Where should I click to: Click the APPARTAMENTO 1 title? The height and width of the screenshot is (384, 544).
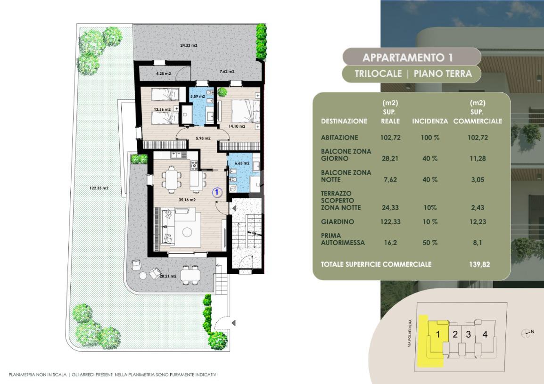click(408, 57)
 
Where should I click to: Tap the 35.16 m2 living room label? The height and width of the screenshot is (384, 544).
click(187, 200)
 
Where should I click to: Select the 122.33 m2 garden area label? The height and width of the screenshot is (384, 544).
click(99, 188)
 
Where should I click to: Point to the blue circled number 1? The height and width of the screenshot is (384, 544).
click(217, 192)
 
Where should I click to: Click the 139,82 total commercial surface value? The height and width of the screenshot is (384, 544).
click(479, 264)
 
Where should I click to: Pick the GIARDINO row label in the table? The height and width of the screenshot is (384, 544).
click(337, 221)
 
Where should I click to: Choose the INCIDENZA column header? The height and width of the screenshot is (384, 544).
click(430, 121)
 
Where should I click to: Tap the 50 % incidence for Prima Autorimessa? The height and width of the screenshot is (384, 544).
click(430, 243)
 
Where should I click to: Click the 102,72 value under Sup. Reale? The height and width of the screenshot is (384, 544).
click(390, 138)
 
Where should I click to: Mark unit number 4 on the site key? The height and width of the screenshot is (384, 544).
click(485, 335)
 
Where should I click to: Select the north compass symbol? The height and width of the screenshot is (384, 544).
click(527, 334)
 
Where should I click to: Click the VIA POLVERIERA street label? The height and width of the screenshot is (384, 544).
click(410, 334)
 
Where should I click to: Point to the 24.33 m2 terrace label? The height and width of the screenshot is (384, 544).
click(189, 45)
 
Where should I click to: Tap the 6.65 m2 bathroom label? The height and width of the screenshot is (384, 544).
click(242, 163)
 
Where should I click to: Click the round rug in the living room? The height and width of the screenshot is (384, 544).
click(187, 232)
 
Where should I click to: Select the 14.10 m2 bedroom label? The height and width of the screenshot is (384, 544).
click(237, 126)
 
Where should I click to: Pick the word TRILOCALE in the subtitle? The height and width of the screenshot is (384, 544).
click(378, 74)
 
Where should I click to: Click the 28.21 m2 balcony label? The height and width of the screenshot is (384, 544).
click(168, 276)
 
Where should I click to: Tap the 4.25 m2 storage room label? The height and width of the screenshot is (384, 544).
click(164, 74)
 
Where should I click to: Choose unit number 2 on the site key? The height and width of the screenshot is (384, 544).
click(455, 335)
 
